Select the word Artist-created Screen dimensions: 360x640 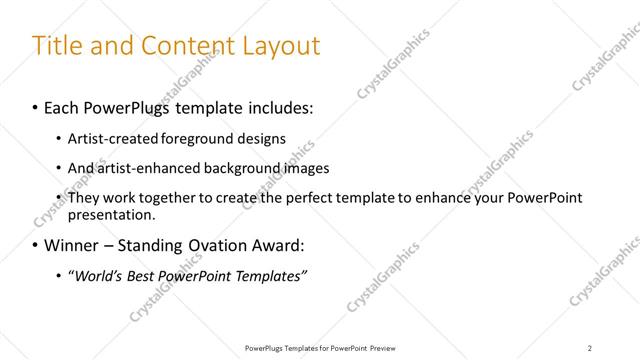coord(107,138)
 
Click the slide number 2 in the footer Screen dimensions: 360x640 coord(590,348)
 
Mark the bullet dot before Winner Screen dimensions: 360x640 coord(36,245)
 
